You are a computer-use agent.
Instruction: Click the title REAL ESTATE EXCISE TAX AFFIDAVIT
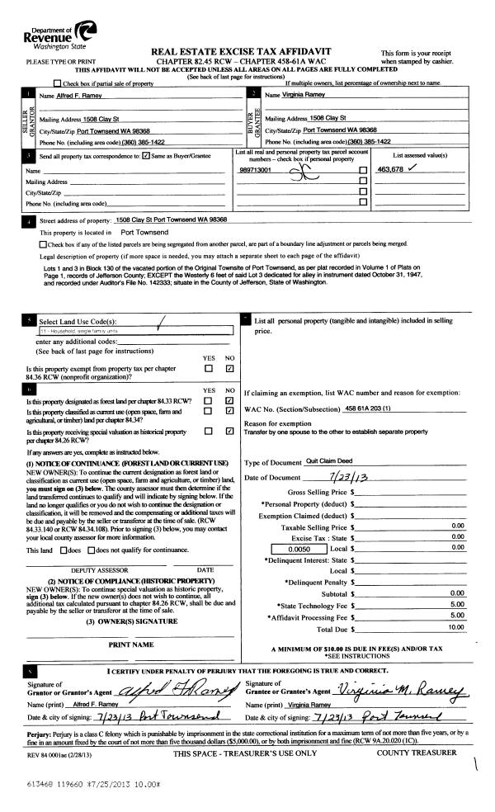(247, 52)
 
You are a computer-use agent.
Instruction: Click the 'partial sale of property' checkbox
(56, 83)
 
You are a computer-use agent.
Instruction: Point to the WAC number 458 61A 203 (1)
(372, 409)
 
